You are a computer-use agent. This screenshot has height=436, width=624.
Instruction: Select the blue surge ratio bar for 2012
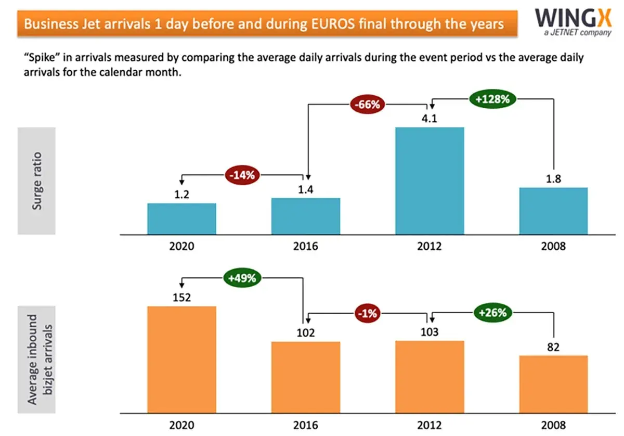coord(430,181)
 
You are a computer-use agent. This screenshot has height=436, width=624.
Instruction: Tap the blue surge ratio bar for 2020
coord(181,219)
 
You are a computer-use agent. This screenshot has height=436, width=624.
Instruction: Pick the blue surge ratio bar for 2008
coord(553,211)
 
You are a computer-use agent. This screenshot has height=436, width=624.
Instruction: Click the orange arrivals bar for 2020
coord(181,359)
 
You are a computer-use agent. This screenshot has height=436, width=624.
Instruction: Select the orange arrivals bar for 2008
coord(553,384)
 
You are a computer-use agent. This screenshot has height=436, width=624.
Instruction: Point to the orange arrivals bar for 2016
coord(306,377)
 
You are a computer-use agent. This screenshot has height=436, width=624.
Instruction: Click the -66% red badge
coord(368,104)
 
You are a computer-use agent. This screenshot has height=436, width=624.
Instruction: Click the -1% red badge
coord(368,313)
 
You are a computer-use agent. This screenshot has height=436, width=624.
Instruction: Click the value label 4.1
coord(430,118)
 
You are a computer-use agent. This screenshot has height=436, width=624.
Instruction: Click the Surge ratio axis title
coord(37,181)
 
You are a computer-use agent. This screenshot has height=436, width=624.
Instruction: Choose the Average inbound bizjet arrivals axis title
coord(40,359)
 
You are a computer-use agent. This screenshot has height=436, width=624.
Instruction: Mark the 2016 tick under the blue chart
coord(306,246)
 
